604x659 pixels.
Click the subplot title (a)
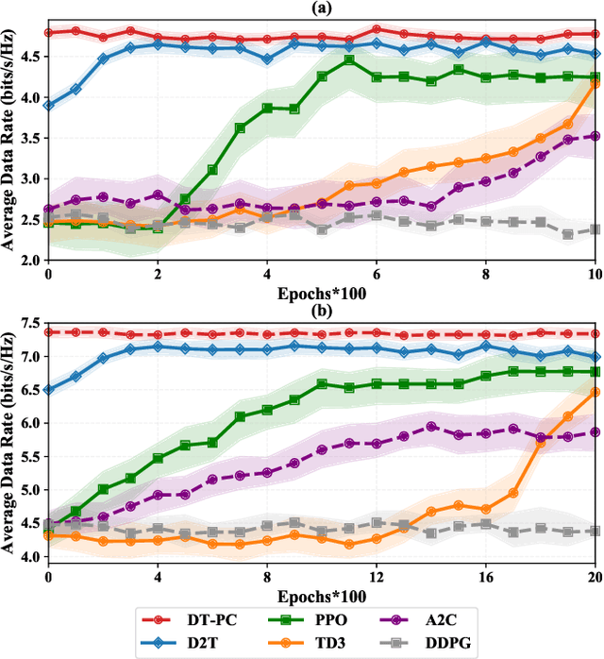(x=321, y=8)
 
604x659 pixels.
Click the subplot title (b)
(x=321, y=309)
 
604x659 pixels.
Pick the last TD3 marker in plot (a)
(x=595, y=84)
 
